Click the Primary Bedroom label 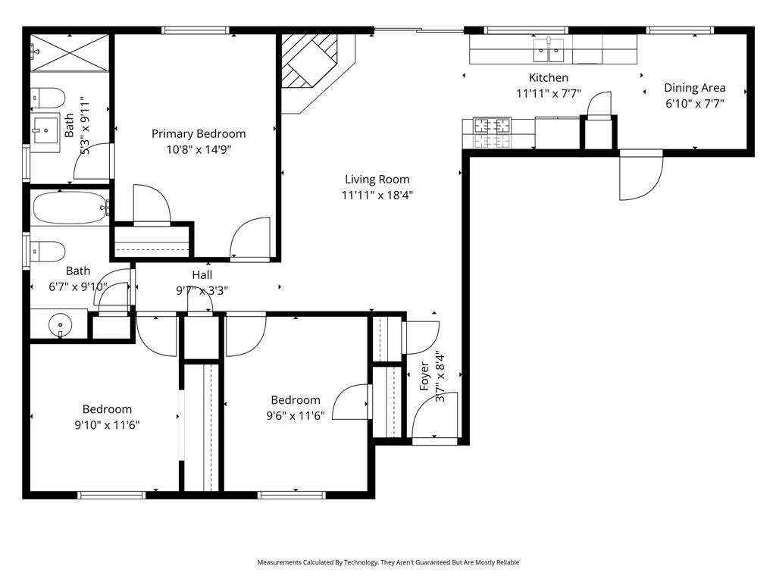(x=199, y=133)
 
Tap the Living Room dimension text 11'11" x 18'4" (x=377, y=195)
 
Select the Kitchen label (x=548, y=77)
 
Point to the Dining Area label (x=695, y=87)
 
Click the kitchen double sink (x=549, y=50)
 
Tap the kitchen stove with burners (x=493, y=133)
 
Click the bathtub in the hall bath (x=70, y=207)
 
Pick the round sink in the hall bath (x=60, y=327)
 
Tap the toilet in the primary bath (x=48, y=98)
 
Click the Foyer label (x=424, y=377)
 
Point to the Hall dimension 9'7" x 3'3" (x=202, y=289)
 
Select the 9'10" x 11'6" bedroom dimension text (x=107, y=425)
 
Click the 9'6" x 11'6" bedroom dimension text (x=295, y=415)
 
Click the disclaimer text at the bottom (x=388, y=562)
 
